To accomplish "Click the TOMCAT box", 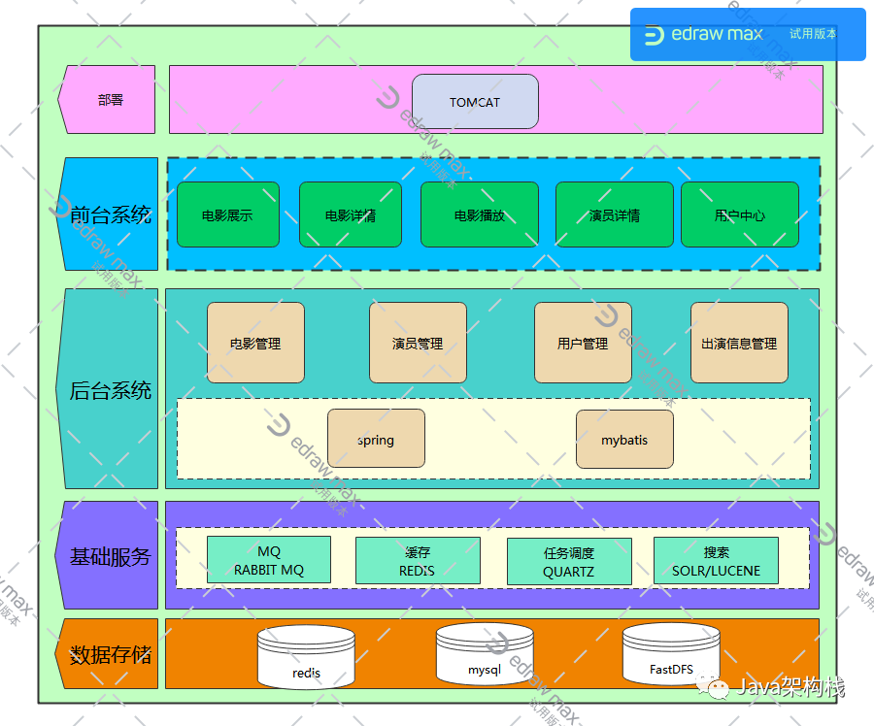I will pyautogui.click(x=475, y=102).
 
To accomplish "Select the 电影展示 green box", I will pyautogui.click(x=227, y=214).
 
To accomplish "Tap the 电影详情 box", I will pyautogui.click(x=350, y=214).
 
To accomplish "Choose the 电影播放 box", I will pyautogui.click(x=479, y=214).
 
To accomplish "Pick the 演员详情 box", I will pyautogui.click(x=614, y=214).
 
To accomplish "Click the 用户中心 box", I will pyautogui.click(x=739, y=214).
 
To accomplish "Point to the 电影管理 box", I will pyautogui.click(x=255, y=343).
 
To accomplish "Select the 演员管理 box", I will pyautogui.click(x=418, y=343).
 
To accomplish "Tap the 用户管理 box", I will pyautogui.click(x=583, y=343).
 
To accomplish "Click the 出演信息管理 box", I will pyautogui.click(x=739, y=343).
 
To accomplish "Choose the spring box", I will pyautogui.click(x=376, y=439).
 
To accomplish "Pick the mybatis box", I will pyautogui.click(x=624, y=439).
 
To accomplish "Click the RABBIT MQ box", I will pyautogui.click(x=269, y=561).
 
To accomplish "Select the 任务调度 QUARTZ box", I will pyautogui.click(x=569, y=562).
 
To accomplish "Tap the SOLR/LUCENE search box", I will pyautogui.click(x=716, y=561).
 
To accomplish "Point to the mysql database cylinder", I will pyautogui.click(x=485, y=655).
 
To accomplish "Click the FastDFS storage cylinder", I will pyautogui.click(x=671, y=655).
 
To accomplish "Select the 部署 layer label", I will pyautogui.click(x=110, y=99).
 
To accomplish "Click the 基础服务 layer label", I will pyautogui.click(x=110, y=556).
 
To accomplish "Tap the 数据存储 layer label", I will pyautogui.click(x=110, y=654).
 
